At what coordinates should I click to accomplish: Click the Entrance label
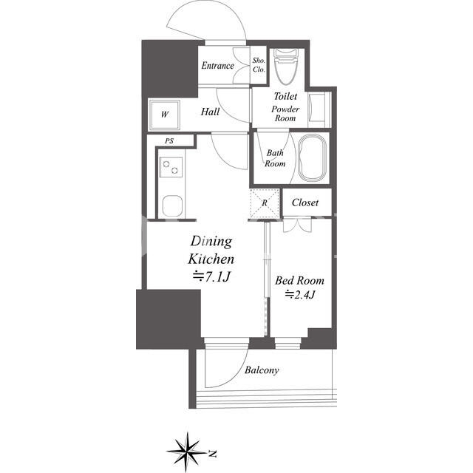point(217,66)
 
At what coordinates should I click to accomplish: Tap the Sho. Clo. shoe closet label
point(259,65)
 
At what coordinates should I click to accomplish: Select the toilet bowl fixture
point(285,67)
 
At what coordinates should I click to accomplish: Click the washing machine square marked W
point(165,115)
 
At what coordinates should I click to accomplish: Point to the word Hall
point(210,112)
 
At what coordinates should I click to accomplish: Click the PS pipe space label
point(169,141)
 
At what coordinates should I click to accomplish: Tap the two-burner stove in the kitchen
point(171,168)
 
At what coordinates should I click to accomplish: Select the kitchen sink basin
point(172,206)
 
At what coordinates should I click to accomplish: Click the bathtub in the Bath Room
point(312,158)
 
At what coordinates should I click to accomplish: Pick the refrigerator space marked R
point(265,203)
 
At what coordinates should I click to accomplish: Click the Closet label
point(305,203)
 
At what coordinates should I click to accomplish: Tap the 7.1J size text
point(211,276)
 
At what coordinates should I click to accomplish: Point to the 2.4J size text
point(300,294)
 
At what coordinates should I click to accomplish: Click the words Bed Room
point(299,281)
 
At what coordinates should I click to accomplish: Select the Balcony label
point(262,370)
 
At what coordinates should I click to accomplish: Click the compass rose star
point(187,452)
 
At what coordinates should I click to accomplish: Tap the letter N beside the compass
point(213,454)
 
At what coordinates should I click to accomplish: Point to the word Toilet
point(285,96)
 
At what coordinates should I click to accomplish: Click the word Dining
point(211,242)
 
